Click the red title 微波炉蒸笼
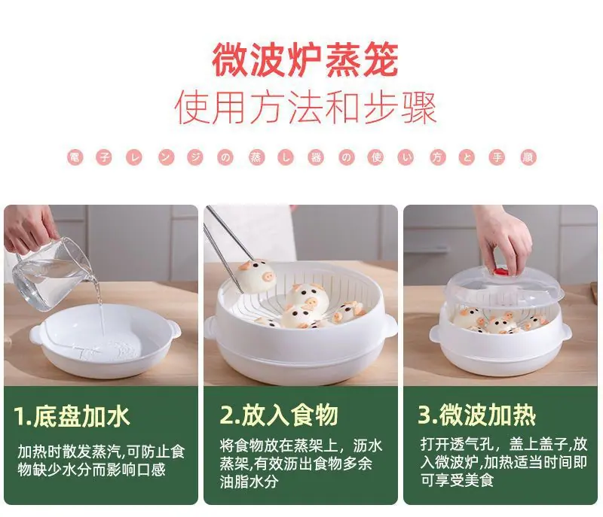(x=305, y=60)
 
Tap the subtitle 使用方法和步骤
(x=305, y=108)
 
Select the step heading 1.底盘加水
(x=72, y=416)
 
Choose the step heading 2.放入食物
(x=279, y=415)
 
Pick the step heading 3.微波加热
(x=477, y=415)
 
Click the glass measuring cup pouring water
(x=50, y=274)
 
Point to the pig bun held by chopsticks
(x=256, y=275)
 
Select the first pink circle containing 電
(x=75, y=158)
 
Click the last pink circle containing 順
(x=528, y=158)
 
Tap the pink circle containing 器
(x=316, y=158)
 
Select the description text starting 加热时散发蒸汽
(x=102, y=461)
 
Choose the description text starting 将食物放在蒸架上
(x=301, y=464)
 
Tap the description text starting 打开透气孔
(x=504, y=462)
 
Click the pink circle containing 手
(x=497, y=158)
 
